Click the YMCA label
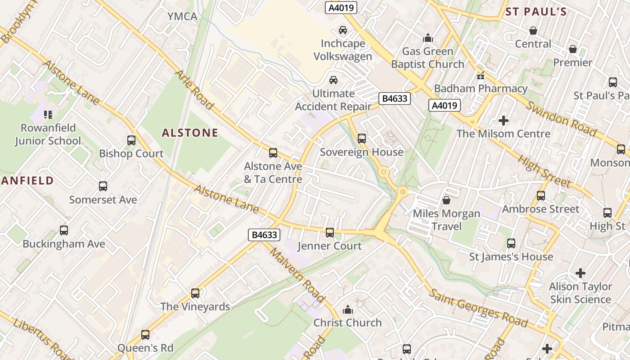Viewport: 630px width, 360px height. [182, 17]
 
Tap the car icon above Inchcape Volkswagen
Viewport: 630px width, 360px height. [343, 30]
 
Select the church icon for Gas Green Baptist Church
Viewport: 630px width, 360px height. [427, 38]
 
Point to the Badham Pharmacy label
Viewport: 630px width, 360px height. [481, 89]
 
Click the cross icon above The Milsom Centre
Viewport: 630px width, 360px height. [504, 121]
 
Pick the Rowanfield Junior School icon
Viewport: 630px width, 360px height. [48, 114]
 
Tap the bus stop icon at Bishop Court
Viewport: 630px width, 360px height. [131, 140]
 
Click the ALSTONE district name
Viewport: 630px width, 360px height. [190, 133]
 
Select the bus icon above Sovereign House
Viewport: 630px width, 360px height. [362, 139]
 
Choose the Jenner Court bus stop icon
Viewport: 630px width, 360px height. [330, 233]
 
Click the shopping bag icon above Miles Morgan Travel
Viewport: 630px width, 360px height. [446, 200]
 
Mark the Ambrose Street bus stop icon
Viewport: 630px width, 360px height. [541, 196]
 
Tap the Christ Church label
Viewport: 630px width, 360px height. [347, 323]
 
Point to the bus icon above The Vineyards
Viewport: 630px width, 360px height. [195, 293]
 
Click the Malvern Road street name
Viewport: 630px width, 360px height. [297, 274]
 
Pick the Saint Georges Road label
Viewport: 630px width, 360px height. [478, 308]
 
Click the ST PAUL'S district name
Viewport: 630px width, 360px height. [535, 12]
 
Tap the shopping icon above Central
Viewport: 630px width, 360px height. [533, 31]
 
